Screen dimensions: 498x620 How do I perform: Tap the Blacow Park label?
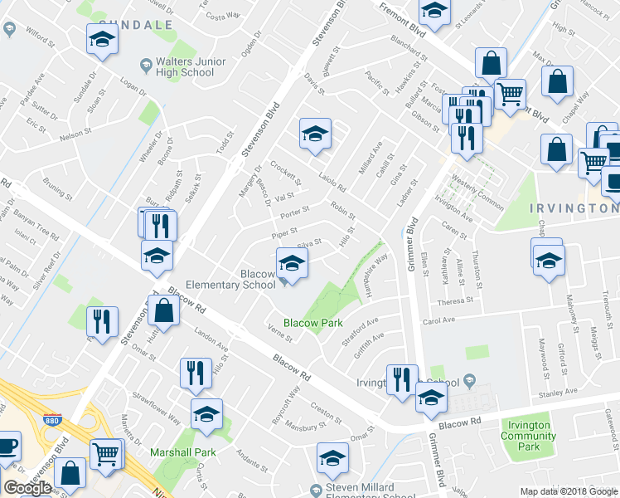312,322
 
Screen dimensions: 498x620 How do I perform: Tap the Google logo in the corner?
27,487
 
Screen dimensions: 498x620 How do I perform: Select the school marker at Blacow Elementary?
291,264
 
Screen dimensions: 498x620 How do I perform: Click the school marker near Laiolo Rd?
315,134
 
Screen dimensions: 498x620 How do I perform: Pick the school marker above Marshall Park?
206,413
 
